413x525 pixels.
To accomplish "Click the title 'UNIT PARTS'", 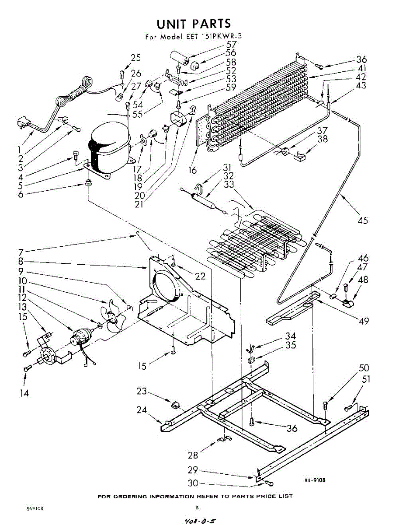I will [194, 23].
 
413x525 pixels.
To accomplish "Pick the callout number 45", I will [362, 220].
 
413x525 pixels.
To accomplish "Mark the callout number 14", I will [24, 393].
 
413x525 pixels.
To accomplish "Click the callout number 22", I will [200, 276].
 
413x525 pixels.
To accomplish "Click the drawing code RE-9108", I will [315, 480].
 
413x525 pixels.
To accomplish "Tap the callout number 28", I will [193, 455].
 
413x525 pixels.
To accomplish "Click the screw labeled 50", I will [326, 405].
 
